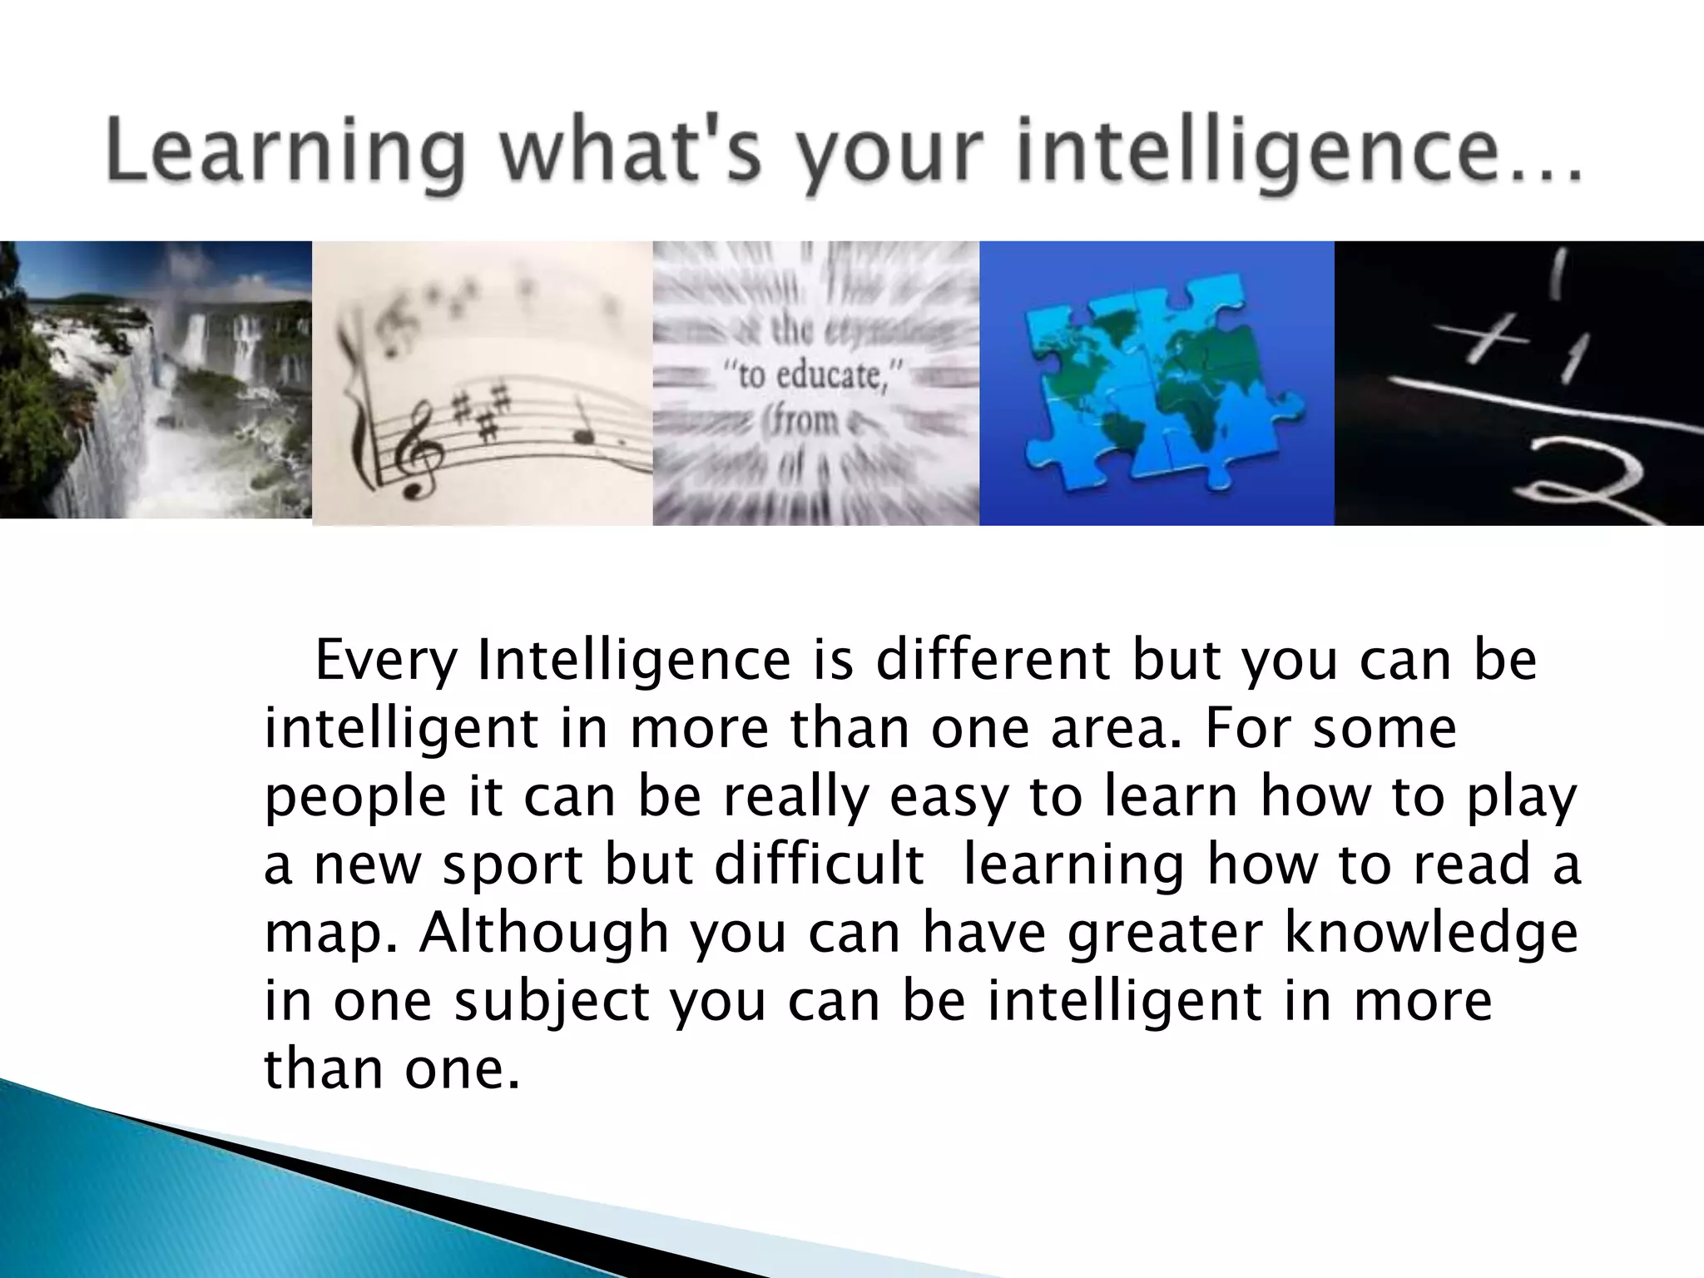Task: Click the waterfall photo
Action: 156,380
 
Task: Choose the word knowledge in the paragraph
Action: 1432,934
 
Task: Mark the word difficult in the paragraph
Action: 820,865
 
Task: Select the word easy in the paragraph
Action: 949,797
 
